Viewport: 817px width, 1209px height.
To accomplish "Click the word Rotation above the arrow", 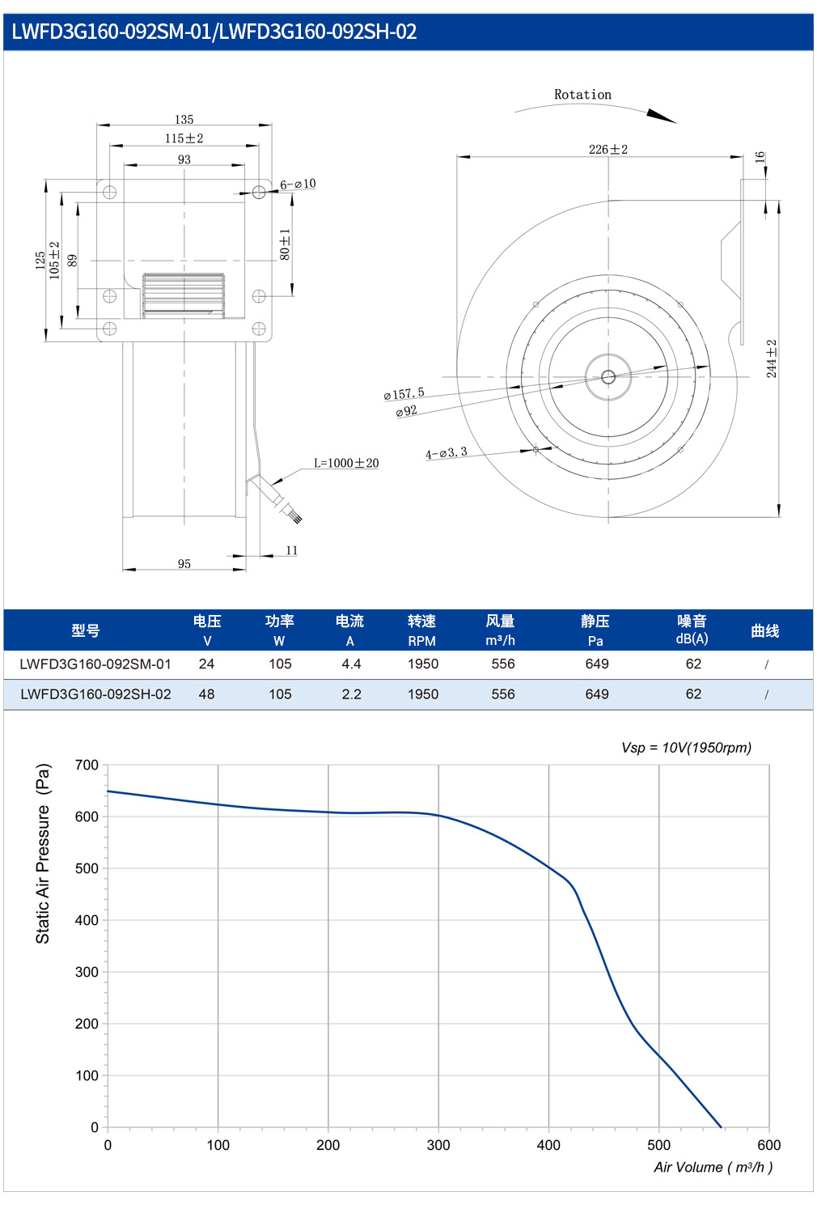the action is pos(582,95).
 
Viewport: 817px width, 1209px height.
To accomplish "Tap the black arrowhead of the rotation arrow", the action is pos(661,116).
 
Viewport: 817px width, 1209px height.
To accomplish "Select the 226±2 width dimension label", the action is pos(608,150).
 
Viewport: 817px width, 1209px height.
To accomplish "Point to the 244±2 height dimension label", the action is pos(772,358).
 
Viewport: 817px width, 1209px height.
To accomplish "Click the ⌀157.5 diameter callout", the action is pos(404,393).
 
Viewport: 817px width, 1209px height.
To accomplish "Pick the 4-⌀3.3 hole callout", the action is pos(447,453).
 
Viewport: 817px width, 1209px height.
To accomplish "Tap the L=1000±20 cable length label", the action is pos(346,463).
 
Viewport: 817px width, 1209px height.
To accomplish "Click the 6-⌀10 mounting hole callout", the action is pos(298,184).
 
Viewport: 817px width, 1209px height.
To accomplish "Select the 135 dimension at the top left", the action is pos(184,119).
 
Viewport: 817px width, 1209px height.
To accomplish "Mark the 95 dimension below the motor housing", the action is pos(184,564).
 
